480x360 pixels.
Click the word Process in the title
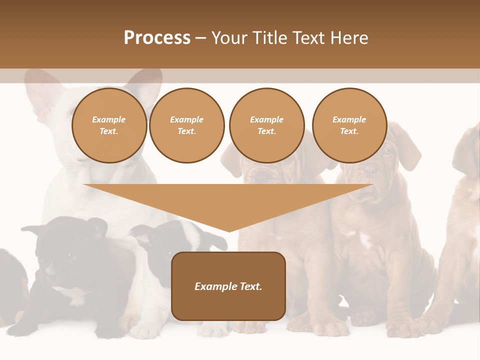[157, 37]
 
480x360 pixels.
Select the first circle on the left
[109, 125]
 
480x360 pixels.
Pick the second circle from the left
[187, 125]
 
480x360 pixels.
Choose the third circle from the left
[266, 125]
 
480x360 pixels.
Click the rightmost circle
[349, 125]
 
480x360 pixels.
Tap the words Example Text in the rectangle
[228, 286]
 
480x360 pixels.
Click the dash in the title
[200, 38]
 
